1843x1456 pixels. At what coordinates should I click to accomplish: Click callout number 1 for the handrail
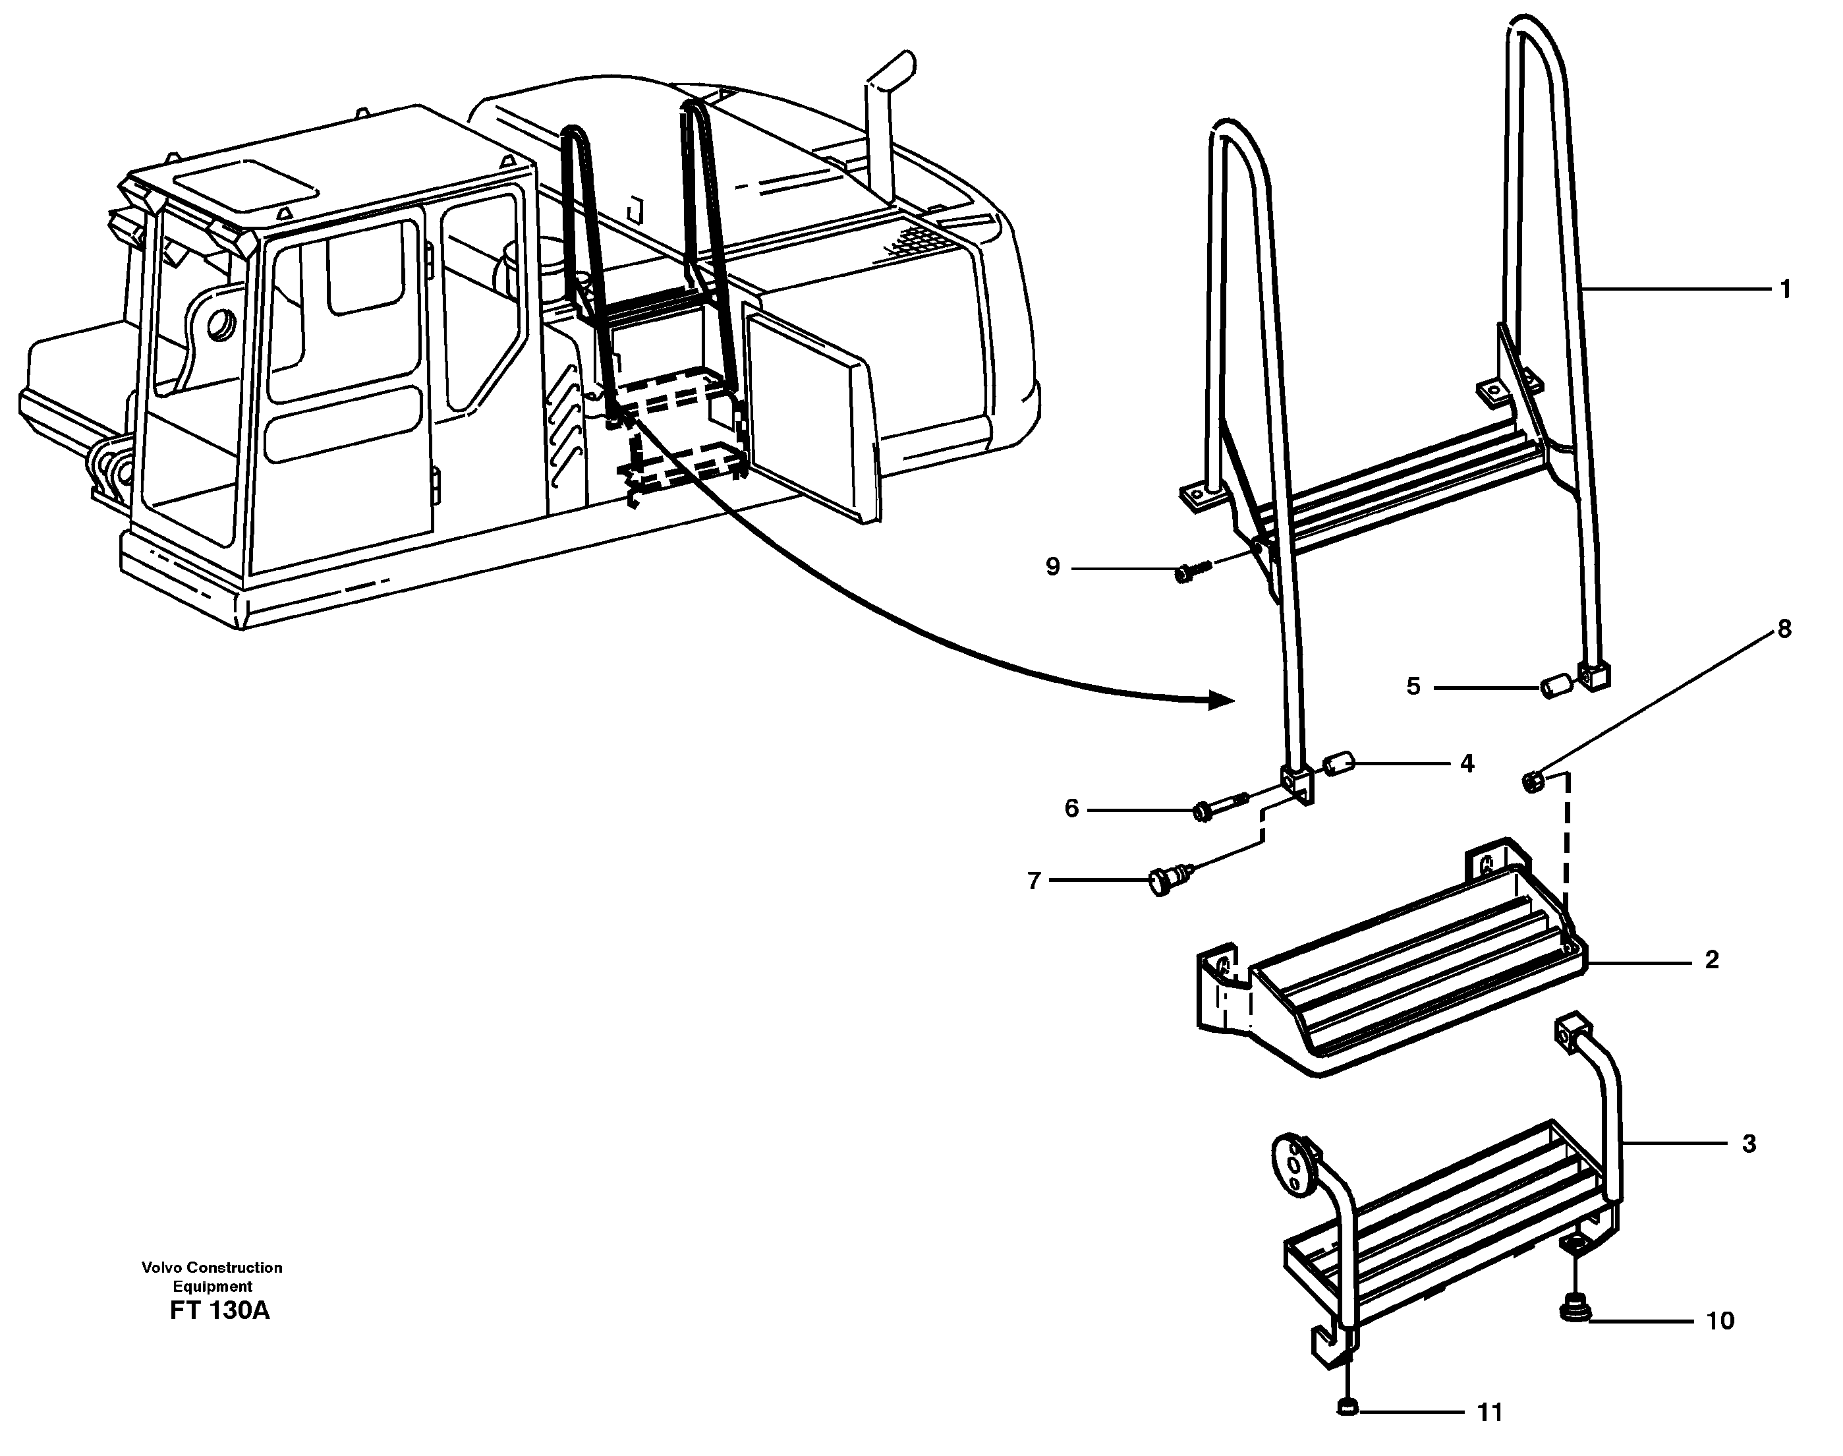[x=1785, y=290]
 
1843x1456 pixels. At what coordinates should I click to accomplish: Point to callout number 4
[x=1466, y=764]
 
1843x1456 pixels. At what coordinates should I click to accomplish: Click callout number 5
[x=1413, y=686]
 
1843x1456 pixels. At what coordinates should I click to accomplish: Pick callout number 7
[x=1035, y=881]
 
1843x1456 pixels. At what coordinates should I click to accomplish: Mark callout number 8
[x=1784, y=629]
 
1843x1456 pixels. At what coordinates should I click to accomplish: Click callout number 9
[x=1053, y=567]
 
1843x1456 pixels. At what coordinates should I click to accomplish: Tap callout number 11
[x=1489, y=1412]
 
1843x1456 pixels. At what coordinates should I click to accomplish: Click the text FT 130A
[x=220, y=1311]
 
